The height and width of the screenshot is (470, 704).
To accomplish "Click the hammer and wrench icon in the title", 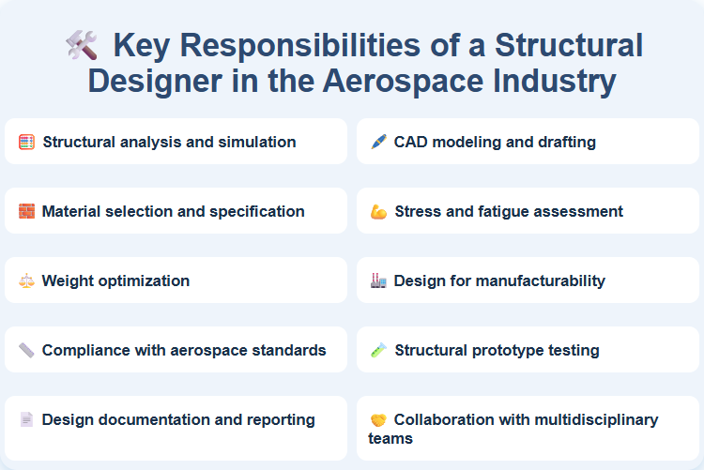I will (82, 45).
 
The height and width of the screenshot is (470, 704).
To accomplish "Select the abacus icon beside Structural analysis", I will (27, 143).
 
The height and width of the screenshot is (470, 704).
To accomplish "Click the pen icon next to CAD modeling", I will (378, 143).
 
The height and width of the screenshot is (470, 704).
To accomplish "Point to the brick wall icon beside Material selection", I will (27, 212).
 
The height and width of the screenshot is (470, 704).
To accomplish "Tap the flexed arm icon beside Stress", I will (378, 212).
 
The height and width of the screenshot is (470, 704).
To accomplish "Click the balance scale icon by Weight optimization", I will (27, 281).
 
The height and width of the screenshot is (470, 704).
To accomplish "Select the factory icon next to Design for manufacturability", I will (378, 281).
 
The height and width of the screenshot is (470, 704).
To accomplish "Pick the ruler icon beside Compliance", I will (27, 351).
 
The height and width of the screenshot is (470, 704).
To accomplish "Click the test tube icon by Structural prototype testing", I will (378, 351).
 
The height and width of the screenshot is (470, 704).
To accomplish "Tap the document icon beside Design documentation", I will (27, 420).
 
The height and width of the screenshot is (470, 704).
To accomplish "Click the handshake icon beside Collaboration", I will (378, 420).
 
